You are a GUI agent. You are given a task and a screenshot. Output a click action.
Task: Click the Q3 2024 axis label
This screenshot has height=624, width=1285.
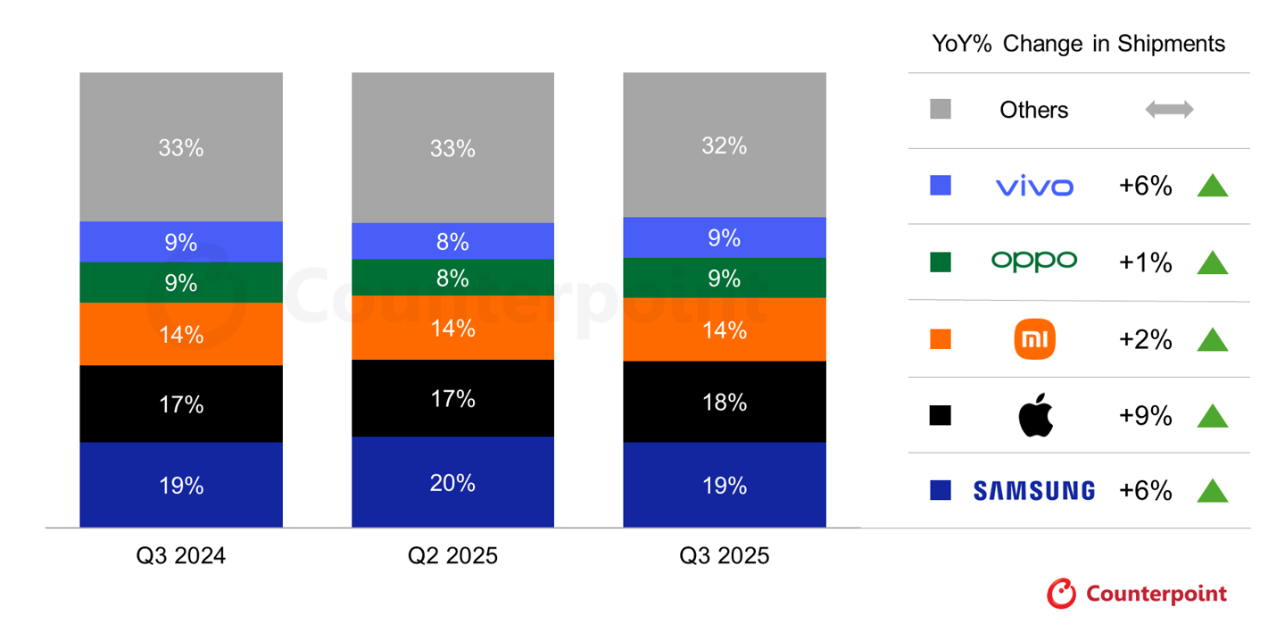pyautogui.click(x=180, y=556)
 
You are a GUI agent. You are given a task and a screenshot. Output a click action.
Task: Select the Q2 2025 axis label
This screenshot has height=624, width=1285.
pyautogui.click(x=452, y=556)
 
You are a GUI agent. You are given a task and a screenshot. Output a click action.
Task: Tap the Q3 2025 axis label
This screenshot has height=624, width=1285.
pyautogui.click(x=724, y=556)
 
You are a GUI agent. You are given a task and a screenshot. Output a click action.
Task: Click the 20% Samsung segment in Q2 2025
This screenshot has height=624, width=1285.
pyautogui.click(x=452, y=483)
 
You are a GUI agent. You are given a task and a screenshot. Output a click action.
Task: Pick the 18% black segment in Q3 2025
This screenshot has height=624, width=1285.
pyautogui.click(x=724, y=402)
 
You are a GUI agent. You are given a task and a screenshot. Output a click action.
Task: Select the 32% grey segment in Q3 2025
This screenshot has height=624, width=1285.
pyautogui.click(x=724, y=146)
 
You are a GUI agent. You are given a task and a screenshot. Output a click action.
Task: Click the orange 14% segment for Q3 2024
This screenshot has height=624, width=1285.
pyautogui.click(x=180, y=334)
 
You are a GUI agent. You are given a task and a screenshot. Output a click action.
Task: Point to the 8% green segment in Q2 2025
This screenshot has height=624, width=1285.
pyautogui.click(x=452, y=278)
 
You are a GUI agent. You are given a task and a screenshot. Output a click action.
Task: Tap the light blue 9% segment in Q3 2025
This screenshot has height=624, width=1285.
pyautogui.click(x=724, y=237)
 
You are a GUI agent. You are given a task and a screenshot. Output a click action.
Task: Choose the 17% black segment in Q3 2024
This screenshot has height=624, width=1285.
pyautogui.click(x=180, y=404)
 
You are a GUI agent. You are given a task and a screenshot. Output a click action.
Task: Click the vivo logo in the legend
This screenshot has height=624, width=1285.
pyautogui.click(x=1033, y=187)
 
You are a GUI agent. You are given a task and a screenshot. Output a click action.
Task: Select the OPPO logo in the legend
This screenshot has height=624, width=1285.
pyautogui.click(x=1033, y=261)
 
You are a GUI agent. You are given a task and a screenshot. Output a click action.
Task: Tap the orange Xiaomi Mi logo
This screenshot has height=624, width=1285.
pyautogui.click(x=1034, y=339)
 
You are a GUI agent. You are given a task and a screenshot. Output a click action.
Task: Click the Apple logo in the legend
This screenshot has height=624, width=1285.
pyautogui.click(x=1035, y=416)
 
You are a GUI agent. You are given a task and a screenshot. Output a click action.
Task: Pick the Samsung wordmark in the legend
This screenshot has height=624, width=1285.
pyautogui.click(x=1033, y=491)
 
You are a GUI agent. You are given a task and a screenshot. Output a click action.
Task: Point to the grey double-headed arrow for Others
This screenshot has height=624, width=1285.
pyautogui.click(x=1169, y=110)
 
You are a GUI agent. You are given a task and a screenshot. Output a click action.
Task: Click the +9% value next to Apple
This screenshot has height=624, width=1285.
pyautogui.click(x=1145, y=416)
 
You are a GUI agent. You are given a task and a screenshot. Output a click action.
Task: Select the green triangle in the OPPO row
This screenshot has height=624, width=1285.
pyautogui.click(x=1212, y=262)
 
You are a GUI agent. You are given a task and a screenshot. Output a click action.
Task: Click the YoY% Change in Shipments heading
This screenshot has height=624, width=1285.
pyautogui.click(x=1078, y=44)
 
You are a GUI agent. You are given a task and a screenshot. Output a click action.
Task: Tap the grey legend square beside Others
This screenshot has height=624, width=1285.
pyautogui.click(x=940, y=110)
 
